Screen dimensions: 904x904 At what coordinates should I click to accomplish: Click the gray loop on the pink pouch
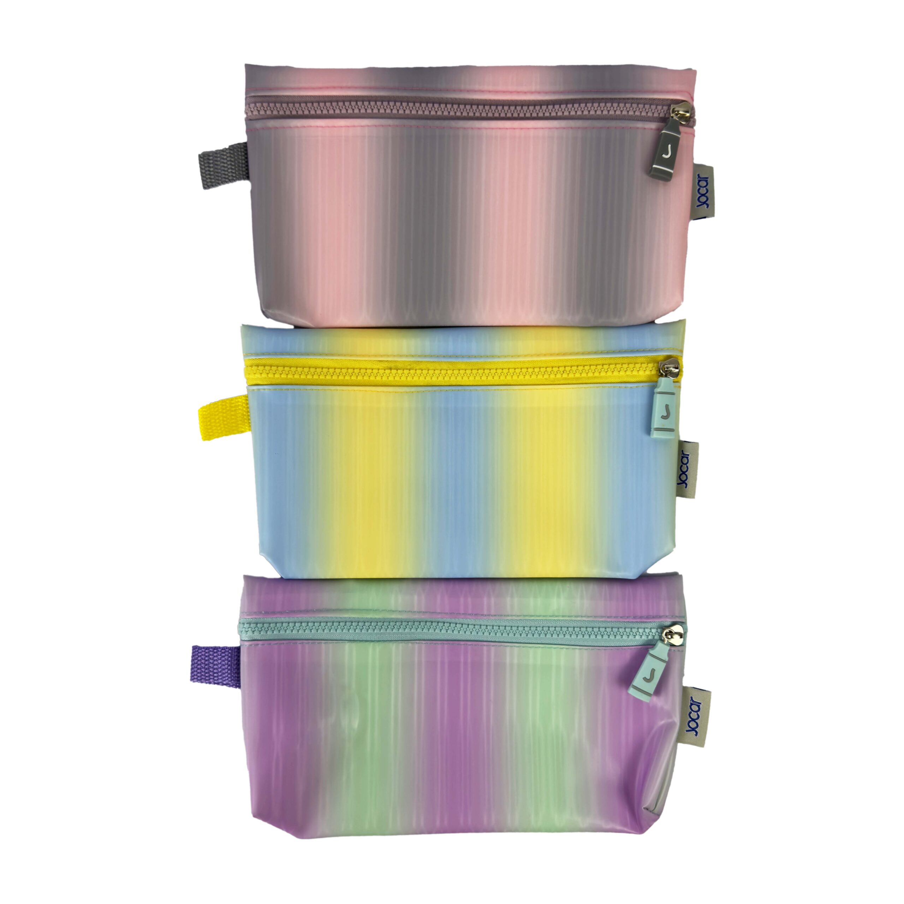224,165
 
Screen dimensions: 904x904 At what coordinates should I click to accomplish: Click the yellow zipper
456,371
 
